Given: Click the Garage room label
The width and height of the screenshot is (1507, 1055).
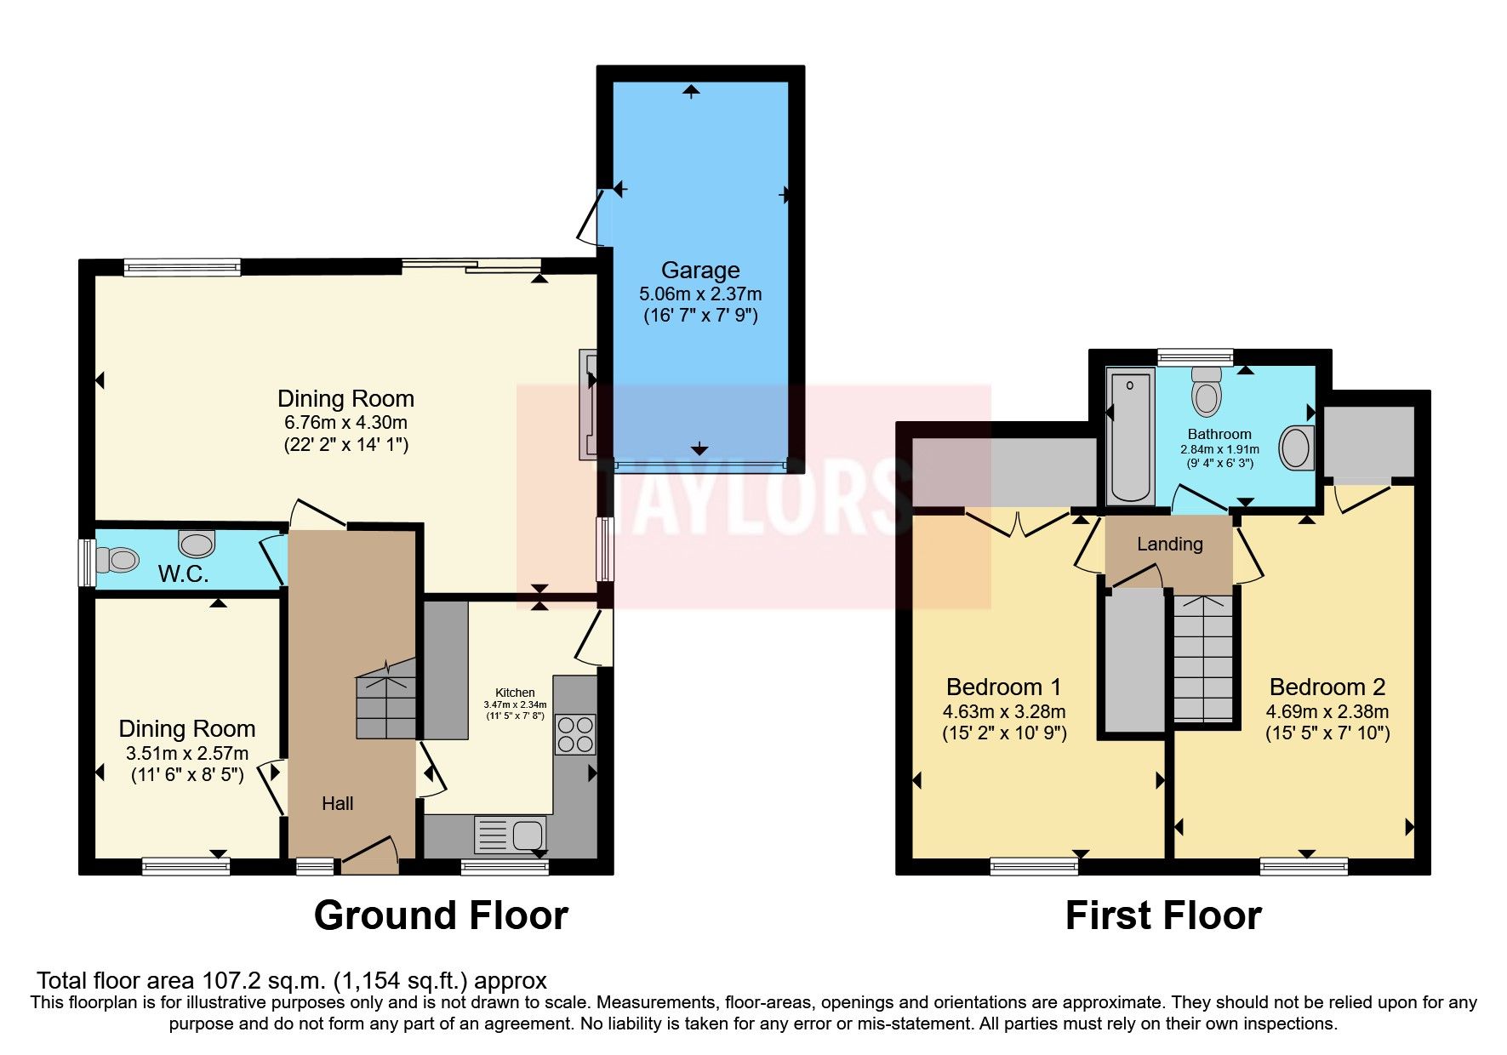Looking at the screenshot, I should coord(699,271).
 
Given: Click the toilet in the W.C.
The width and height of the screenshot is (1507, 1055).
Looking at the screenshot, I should coord(117,560).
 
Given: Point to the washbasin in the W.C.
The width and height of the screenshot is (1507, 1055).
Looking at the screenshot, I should coord(197,542).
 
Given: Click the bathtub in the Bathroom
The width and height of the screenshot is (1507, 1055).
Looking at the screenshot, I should coord(1130,435).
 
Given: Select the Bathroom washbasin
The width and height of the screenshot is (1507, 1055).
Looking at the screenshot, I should coord(1296,448).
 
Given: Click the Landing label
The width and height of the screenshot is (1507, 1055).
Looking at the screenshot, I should coord(1169,544).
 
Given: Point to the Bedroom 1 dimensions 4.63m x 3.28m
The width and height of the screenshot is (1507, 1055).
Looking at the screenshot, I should coord(1003,711).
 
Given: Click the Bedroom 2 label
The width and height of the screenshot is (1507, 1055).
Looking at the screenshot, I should coord(1327,687).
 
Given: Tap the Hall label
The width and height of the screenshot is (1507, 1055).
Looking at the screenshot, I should coord(337,803).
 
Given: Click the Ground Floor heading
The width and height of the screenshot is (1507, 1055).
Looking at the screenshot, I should coord(440,915).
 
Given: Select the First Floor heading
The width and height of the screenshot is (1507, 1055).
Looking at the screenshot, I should coord(1162,915).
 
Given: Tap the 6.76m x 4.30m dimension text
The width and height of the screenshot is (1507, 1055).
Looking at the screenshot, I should coord(345,422).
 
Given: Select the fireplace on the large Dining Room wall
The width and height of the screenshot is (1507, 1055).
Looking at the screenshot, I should coord(587,404).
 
